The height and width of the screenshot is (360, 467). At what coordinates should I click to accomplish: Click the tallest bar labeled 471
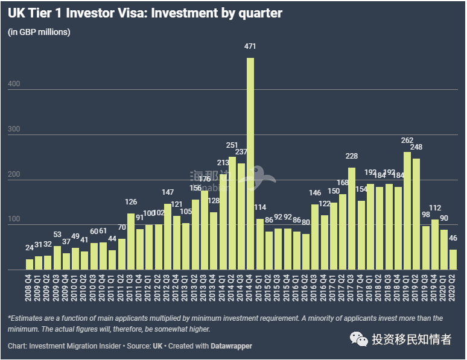[250, 163]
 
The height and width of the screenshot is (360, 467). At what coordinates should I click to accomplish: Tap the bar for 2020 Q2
[453, 259]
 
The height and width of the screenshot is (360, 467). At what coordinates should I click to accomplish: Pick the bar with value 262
[407, 211]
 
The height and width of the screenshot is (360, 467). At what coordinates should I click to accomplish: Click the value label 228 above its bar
[351, 156]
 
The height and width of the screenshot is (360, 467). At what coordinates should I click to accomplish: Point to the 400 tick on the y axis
[14, 84]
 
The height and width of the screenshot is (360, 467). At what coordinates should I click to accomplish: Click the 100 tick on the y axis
[14, 219]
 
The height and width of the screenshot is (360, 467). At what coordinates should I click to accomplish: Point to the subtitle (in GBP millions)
[39, 32]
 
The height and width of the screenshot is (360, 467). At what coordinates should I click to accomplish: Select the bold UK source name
[158, 346]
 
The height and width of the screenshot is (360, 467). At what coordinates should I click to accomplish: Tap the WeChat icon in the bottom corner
[360, 340]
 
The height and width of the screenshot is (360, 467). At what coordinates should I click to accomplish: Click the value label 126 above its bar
[132, 202]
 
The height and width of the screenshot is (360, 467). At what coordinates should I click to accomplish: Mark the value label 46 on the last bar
[453, 238]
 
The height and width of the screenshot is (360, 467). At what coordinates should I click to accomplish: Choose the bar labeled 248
[416, 214]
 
